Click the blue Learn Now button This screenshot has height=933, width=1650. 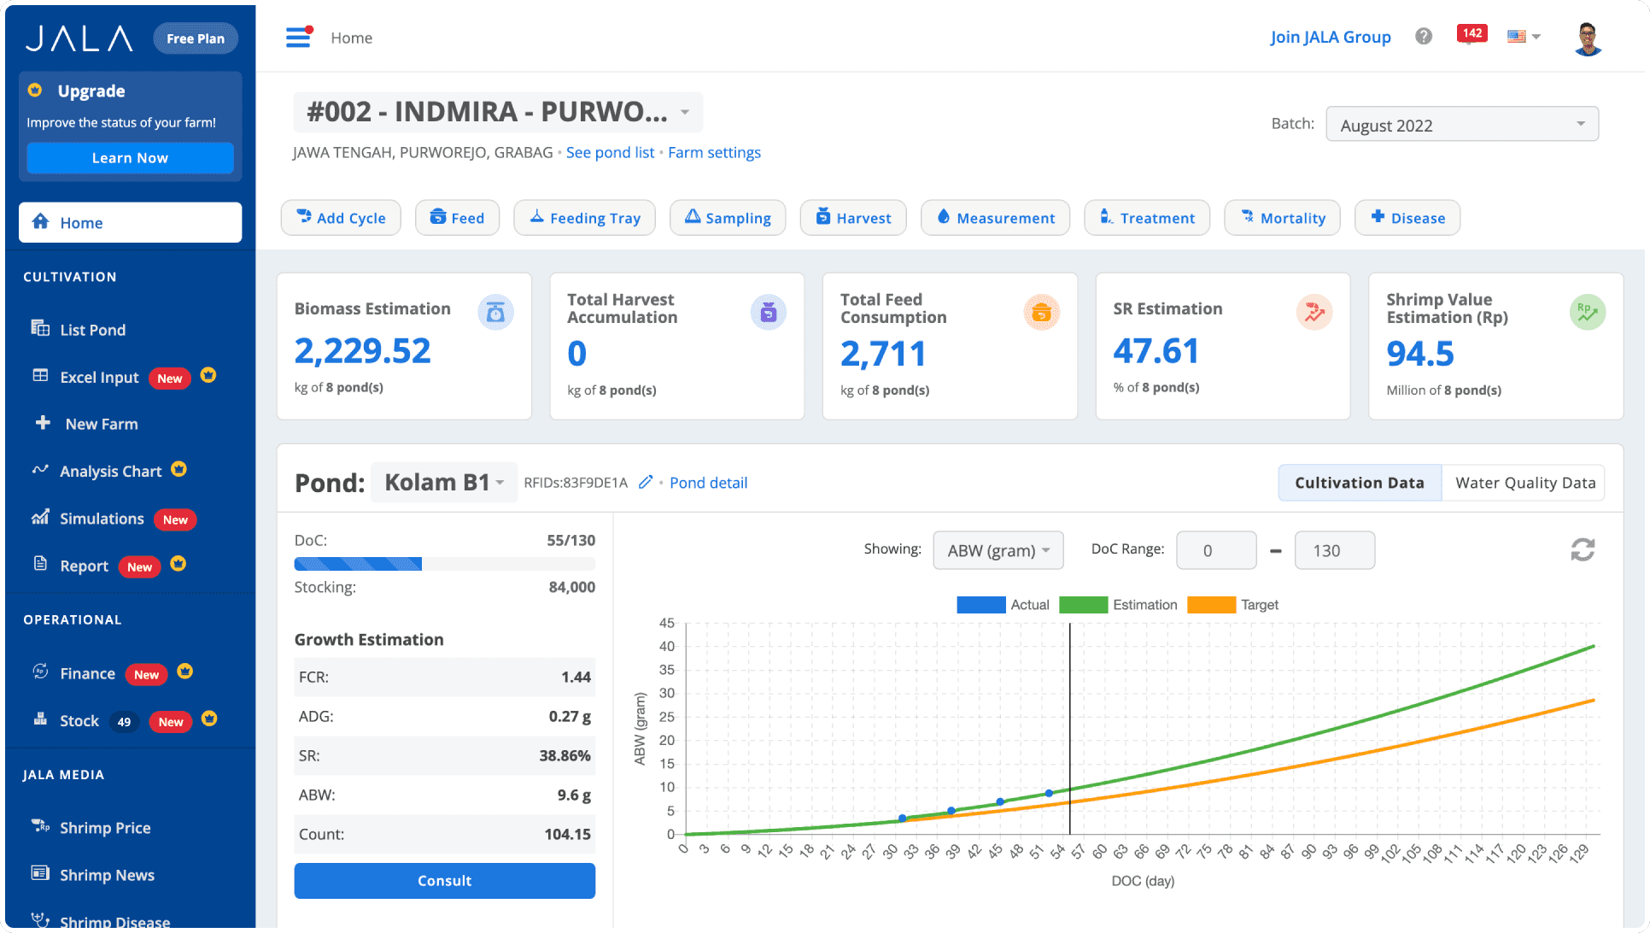click(x=130, y=158)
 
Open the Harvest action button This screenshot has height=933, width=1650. click(x=852, y=218)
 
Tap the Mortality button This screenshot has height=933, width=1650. click(x=1281, y=218)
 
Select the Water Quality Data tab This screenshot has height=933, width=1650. click(x=1524, y=483)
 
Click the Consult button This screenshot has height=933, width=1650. click(x=444, y=880)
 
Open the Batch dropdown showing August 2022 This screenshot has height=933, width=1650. click(x=1461, y=125)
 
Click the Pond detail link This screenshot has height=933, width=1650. click(x=708, y=483)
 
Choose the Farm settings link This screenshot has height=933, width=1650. click(x=714, y=152)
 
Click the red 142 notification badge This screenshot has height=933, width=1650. click(x=1472, y=34)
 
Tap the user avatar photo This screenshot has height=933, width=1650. click(x=1587, y=38)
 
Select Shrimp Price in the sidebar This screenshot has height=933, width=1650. click(x=104, y=827)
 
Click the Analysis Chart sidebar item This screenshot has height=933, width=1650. click(x=110, y=471)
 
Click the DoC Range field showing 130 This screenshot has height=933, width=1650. click(x=1334, y=550)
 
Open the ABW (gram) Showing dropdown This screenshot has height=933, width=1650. click(x=998, y=550)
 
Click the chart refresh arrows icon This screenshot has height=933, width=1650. click(x=1582, y=549)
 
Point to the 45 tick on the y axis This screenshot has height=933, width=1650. click(x=666, y=623)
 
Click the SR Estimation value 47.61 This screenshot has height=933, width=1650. click(x=1156, y=351)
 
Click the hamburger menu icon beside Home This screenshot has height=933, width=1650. click(x=298, y=38)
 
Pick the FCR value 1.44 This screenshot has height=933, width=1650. click(x=575, y=677)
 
